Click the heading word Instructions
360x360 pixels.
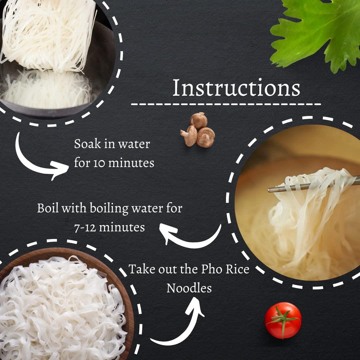pyautogui.click(x=236, y=87)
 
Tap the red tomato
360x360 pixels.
pyautogui.click(x=283, y=321)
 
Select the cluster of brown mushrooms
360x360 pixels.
pyautogui.click(x=198, y=129)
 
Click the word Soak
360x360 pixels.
pyautogui.click(x=87, y=144)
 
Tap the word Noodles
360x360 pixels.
pyautogui.click(x=189, y=288)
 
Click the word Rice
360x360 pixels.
pyautogui.click(x=238, y=269)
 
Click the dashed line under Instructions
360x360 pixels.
pyautogui.click(x=226, y=104)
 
